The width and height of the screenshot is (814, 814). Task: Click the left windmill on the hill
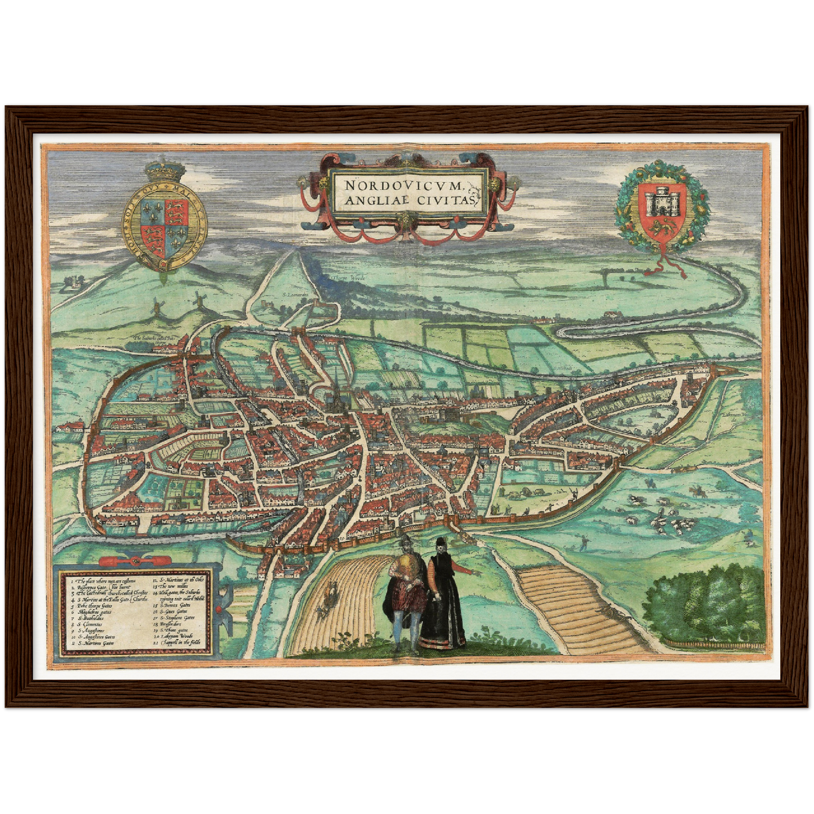(x=158, y=306)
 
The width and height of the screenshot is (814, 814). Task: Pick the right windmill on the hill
(x=198, y=303)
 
